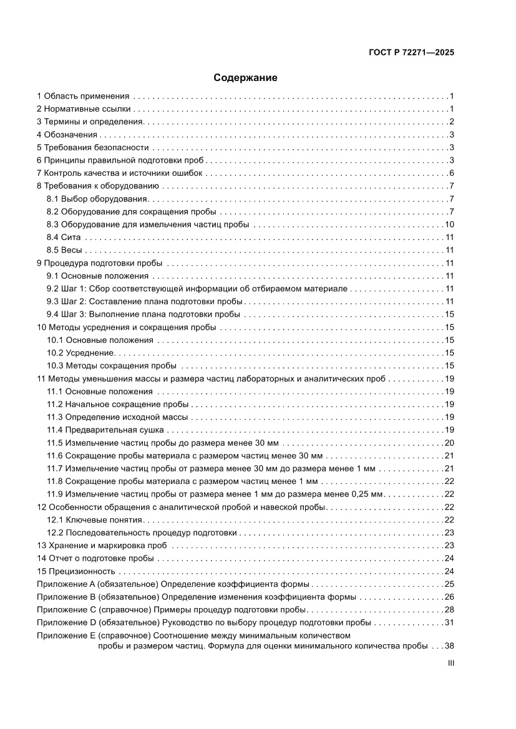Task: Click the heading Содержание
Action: click(245, 78)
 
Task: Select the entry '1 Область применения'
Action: click(83, 96)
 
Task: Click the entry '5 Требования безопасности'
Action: click(93, 147)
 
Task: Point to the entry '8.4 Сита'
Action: click(63, 237)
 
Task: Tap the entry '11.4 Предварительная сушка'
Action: click(105, 430)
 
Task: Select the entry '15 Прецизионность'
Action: click(76, 571)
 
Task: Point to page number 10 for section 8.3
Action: click(448, 224)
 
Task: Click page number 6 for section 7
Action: click(450, 173)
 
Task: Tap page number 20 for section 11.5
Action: click(448, 443)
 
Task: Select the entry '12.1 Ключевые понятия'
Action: click(95, 519)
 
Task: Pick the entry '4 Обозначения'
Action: click(67, 135)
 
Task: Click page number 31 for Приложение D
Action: click(448, 622)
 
